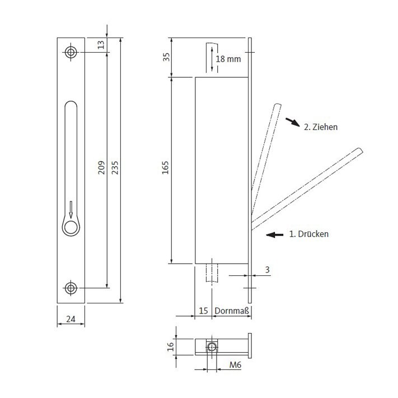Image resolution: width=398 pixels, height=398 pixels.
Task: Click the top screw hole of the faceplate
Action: coord(71,52)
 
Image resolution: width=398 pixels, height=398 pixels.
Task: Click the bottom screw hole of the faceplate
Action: coord(71,288)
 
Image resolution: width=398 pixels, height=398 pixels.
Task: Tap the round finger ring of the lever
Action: coord(71,227)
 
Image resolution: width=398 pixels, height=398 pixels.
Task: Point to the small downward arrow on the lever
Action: coord(71,209)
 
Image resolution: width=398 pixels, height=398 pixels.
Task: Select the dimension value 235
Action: coord(115,167)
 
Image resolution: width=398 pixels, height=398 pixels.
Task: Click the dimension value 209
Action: coord(101,167)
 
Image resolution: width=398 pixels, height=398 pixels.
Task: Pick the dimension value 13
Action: coord(101,45)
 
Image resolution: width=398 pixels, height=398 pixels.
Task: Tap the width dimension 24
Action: coord(71,319)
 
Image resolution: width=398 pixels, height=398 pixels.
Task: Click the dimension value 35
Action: coord(166,57)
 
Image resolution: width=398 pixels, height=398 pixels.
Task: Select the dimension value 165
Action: coord(165,167)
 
